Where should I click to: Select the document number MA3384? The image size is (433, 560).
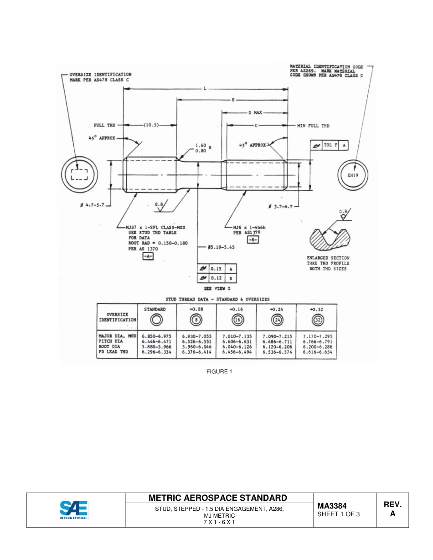point(332,506)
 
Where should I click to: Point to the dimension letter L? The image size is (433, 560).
point(205,89)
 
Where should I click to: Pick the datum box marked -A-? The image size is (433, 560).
point(148,257)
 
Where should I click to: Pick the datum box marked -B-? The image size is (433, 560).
point(253,240)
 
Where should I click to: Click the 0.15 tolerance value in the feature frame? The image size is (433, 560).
point(216,269)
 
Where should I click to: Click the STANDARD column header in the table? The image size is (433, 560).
point(155,309)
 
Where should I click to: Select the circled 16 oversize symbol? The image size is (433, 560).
point(237,320)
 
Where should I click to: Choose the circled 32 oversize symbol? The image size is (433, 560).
point(317,320)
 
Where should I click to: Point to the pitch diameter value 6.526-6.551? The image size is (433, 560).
point(196,341)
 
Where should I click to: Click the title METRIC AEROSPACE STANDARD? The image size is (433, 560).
point(218,498)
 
